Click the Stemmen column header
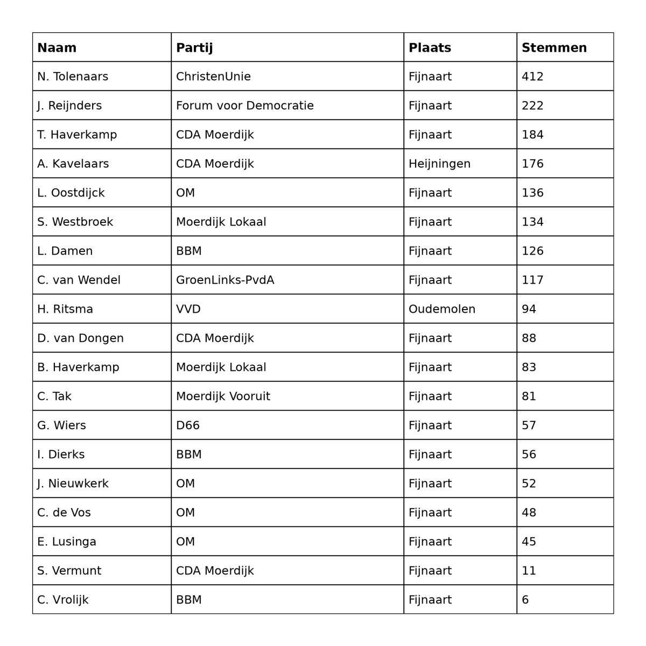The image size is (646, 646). pos(554,47)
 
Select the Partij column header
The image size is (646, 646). pos(194,47)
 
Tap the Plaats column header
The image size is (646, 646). pos(430,47)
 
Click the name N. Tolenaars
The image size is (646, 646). pos(73,76)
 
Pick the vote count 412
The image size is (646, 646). pos(532,76)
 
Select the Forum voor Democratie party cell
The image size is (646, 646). pos(245,106)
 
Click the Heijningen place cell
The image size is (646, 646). pos(439,164)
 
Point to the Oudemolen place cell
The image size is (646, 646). pos(442,309)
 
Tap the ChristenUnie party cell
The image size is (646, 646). pos(213,76)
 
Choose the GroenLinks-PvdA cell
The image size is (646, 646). pos(225,280)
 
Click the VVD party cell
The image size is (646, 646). pos(188,309)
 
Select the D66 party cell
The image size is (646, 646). pos(188,425)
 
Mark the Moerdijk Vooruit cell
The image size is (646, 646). pos(223,396)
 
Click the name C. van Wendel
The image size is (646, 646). pos(79,280)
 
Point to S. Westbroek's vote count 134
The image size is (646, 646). pos(532,222)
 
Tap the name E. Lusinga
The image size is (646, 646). pos(67,542)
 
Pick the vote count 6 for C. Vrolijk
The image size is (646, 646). pos(525,600)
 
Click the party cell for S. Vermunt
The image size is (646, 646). pos(215,571)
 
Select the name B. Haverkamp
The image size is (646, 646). pos(78,367)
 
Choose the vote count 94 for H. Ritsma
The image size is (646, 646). pos(529,309)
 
